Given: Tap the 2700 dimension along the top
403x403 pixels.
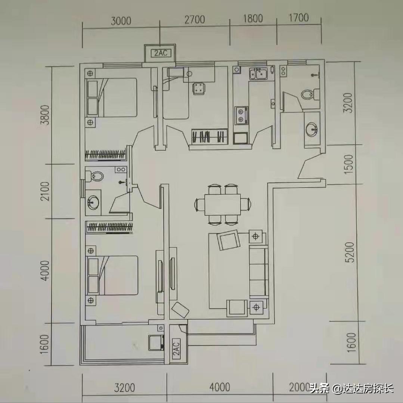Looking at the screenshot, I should point(195,19).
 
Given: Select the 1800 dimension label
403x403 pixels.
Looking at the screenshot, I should point(253,18).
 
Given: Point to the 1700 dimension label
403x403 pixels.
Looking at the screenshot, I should point(298,18).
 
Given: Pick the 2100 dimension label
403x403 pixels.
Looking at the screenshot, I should point(45,191).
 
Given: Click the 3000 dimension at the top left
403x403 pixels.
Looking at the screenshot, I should point(121,21).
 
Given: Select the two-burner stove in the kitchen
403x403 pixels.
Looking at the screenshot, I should point(241,115).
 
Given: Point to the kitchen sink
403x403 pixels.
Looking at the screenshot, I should point(258,74).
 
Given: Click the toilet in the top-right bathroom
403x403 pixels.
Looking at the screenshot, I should point(309,94).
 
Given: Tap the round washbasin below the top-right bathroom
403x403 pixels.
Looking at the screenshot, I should point(311,130).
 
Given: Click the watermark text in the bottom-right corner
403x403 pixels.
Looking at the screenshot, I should point(351,389).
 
